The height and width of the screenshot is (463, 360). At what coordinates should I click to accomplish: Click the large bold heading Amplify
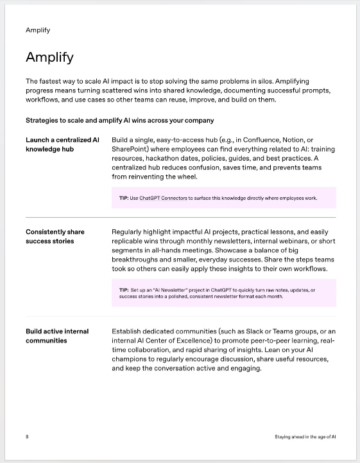[x=49, y=57]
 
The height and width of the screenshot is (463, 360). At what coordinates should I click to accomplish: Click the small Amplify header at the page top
[x=38, y=30]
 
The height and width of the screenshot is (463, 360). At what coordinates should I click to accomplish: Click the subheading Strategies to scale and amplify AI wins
[x=119, y=120]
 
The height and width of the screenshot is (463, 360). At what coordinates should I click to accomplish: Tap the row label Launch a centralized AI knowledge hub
[x=62, y=144]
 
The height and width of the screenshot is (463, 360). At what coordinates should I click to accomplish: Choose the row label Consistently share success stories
[x=55, y=236]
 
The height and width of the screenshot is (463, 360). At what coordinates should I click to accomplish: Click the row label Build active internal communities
[x=57, y=336]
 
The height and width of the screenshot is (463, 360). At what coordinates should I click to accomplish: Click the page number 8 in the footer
[x=27, y=437]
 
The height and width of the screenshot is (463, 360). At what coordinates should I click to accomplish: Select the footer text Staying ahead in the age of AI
[x=305, y=437]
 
